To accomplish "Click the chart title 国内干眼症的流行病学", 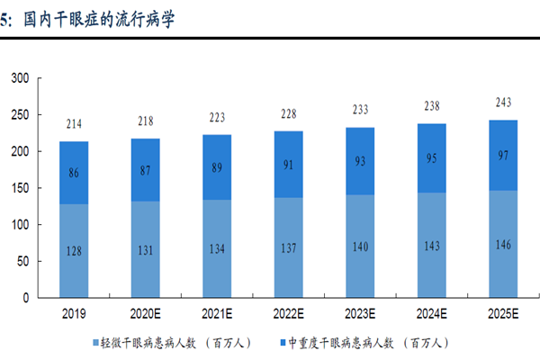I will pyautogui.click(x=98, y=19).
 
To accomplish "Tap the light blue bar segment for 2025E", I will pyautogui.click(x=504, y=243).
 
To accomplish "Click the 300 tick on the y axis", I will pyautogui.click(x=21, y=79).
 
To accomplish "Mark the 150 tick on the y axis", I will pyautogui.click(x=21, y=188).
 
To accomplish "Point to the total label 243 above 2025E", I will pyautogui.click(x=504, y=102).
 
